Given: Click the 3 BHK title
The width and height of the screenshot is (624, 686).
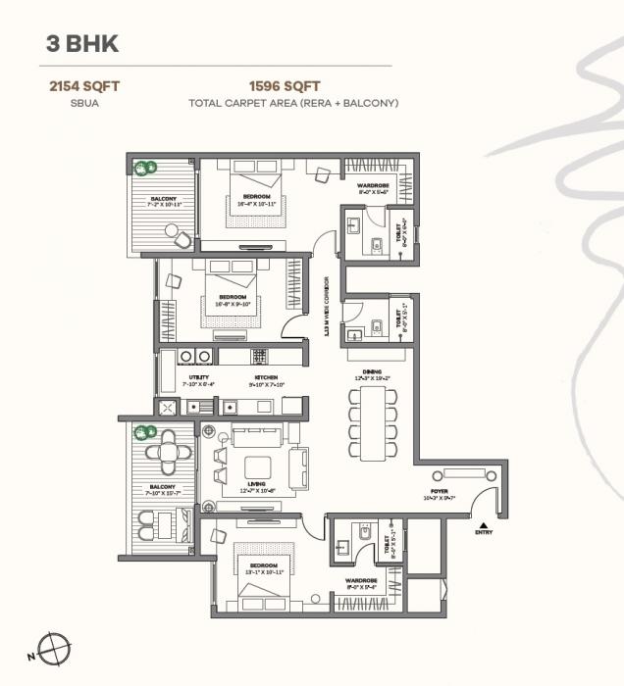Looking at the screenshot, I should tap(82, 44).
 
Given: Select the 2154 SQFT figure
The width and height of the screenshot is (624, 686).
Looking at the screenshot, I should tap(84, 86).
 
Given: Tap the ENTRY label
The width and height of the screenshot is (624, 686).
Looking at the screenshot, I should tap(484, 532).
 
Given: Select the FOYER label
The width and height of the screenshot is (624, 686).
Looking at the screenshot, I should tap(440, 491).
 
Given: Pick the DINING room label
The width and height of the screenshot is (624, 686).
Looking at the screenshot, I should tap(372, 371).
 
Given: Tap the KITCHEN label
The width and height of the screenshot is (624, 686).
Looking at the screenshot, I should tap(266, 377).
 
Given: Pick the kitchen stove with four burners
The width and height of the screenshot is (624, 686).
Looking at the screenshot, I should tap(259, 356).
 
